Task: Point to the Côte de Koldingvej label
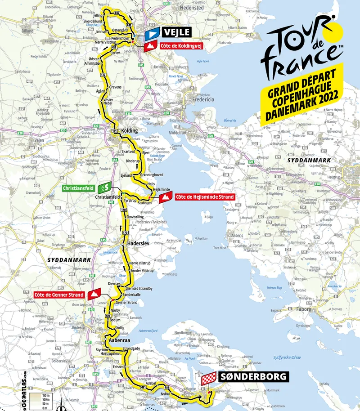pyautogui.click(x=177, y=45)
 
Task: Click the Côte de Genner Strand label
pyautogui.click(x=58, y=295)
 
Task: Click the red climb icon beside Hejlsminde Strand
pyautogui.click(x=166, y=197)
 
